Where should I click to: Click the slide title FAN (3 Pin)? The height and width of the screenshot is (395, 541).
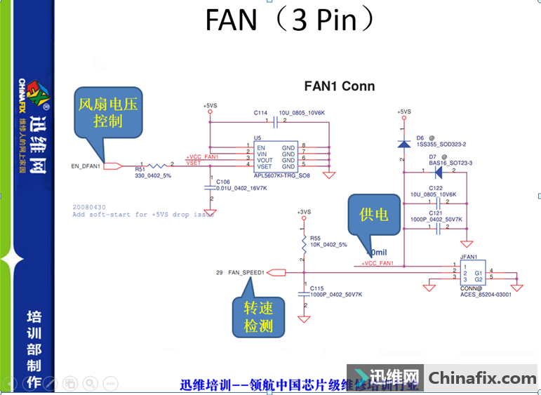pyautogui.click(x=290, y=20)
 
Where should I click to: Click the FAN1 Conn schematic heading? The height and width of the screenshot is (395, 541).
pyautogui.click(x=339, y=86)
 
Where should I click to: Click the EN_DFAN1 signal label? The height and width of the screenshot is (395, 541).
pyautogui.click(x=86, y=166)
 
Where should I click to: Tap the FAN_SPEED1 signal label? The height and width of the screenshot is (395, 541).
pyautogui.click(x=245, y=272)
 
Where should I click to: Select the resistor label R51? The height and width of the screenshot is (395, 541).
pyautogui.click(x=140, y=169)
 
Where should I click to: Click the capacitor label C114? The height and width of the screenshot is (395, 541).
pyautogui.click(x=261, y=113)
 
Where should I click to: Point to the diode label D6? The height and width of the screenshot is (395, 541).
pyautogui.click(x=420, y=138)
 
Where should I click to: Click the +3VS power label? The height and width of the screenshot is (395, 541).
pyautogui.click(x=303, y=211)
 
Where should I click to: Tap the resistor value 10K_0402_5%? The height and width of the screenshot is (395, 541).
pyautogui.click(x=329, y=244)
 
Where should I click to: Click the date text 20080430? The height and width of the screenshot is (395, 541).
pyautogui.click(x=90, y=207)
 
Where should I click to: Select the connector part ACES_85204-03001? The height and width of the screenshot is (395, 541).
pyautogui.click(x=486, y=295)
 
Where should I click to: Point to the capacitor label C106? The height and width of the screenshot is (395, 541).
pyautogui.click(x=224, y=181)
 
